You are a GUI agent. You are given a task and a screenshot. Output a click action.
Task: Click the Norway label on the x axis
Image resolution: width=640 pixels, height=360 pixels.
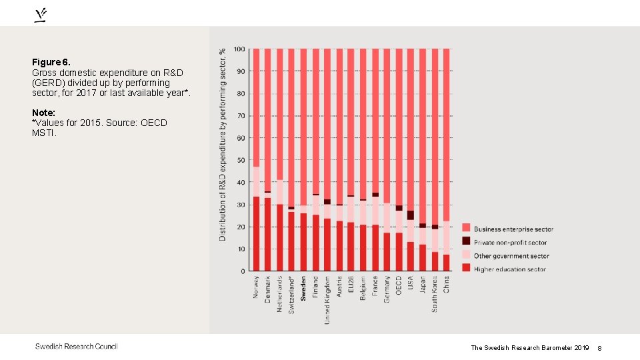tap(256, 287)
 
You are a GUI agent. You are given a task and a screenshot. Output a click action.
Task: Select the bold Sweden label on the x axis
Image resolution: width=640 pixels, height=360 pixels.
tap(303, 288)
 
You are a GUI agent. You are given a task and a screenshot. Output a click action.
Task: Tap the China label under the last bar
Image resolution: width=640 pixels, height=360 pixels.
tap(447, 284)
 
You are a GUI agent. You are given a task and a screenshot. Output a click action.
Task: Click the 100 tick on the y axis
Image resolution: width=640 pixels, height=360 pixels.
tap(238, 49)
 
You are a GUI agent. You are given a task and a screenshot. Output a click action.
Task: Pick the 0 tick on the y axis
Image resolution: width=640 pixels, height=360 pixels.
tap(242, 271)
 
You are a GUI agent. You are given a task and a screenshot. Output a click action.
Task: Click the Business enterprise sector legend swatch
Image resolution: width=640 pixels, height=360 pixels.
tap(466, 229)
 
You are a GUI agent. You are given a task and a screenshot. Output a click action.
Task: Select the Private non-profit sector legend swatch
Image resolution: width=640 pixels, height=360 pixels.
tap(466, 241)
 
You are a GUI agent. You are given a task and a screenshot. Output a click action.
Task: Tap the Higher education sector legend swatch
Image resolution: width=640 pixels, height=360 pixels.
tap(466, 268)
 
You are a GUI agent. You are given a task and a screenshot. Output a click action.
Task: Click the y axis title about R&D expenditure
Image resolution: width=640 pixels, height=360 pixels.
tap(223, 143)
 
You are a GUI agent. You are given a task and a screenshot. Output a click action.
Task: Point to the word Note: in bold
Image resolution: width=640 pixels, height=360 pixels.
tap(43, 113)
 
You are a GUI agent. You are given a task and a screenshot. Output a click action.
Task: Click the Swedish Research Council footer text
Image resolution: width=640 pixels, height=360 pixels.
tap(76, 346)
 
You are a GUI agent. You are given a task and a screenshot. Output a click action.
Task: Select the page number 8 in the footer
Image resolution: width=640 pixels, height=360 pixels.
tap(599, 348)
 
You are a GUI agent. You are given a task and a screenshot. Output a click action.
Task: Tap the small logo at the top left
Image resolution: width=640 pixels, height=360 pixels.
tap(41, 15)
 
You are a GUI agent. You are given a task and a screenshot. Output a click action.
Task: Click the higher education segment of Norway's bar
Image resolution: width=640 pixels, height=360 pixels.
tap(256, 233)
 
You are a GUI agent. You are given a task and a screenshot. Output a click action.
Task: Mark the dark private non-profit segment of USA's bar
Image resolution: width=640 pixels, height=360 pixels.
tap(411, 215)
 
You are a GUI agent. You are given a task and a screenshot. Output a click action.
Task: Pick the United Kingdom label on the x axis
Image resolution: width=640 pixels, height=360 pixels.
tap(327, 300)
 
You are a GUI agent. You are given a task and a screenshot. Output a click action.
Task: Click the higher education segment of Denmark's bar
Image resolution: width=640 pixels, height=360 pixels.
tap(268, 233)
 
